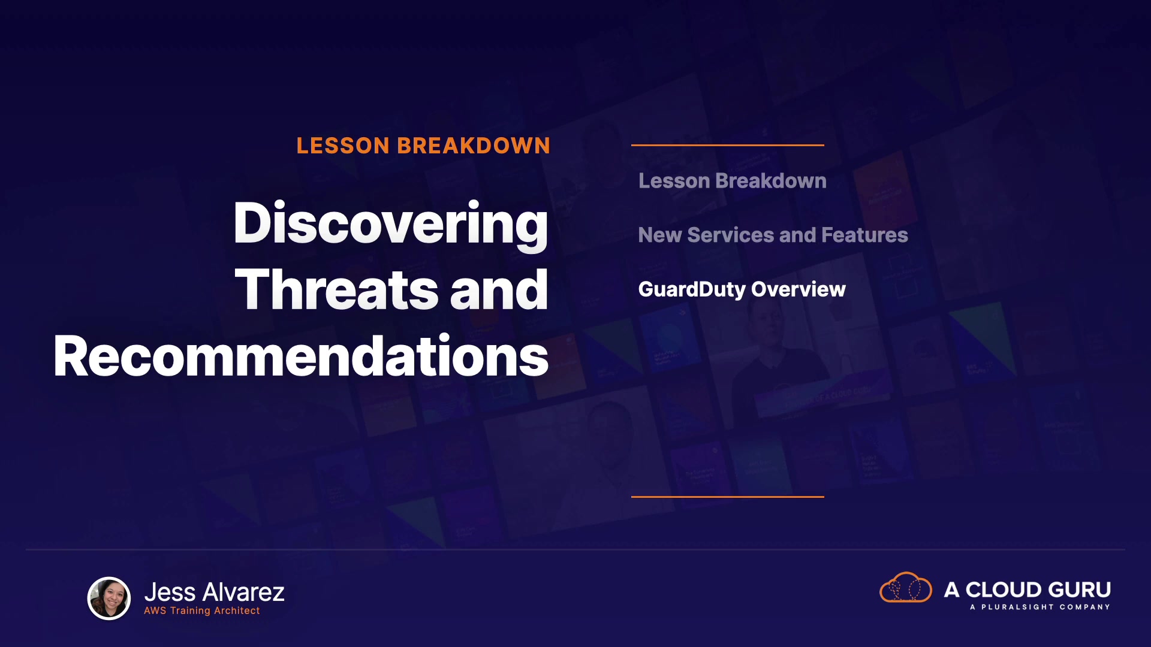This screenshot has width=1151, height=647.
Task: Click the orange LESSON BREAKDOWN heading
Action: pyautogui.click(x=423, y=146)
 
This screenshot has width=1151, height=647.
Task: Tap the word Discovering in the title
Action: pyautogui.click(x=391, y=225)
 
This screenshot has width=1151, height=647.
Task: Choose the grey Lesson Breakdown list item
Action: pyautogui.click(x=733, y=181)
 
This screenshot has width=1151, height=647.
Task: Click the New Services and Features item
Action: pyautogui.click(x=773, y=235)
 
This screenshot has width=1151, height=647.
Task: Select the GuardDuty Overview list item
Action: pyautogui.click(x=742, y=289)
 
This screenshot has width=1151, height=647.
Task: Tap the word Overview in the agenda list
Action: pyautogui.click(x=799, y=289)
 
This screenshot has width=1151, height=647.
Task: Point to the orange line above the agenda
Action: pyautogui.click(x=728, y=145)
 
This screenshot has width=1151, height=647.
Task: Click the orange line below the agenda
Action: pyautogui.click(x=728, y=497)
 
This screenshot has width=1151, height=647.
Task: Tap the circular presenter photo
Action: pyautogui.click(x=109, y=598)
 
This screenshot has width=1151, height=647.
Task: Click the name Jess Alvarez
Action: pyautogui.click(x=215, y=592)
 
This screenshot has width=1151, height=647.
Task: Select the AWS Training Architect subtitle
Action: pyautogui.click(x=202, y=610)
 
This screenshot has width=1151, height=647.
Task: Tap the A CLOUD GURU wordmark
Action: pyautogui.click(x=1028, y=590)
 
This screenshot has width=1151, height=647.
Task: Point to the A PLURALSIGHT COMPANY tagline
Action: pyautogui.click(x=1040, y=607)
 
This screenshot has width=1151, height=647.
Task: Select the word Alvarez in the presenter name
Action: pyautogui.click(x=244, y=592)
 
